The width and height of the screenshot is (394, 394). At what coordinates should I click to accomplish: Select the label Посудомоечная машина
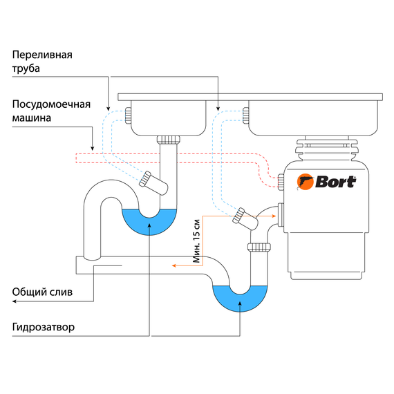click(x=51, y=111)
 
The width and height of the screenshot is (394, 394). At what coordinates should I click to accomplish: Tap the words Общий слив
click(x=41, y=291)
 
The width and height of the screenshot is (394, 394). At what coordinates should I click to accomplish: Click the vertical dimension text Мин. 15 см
click(x=196, y=242)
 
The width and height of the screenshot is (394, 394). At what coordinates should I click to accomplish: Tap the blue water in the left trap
click(x=149, y=223)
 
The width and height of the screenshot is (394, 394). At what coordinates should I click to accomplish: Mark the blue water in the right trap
click(x=238, y=299)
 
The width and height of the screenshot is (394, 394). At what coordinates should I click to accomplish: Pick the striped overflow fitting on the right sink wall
click(x=245, y=115)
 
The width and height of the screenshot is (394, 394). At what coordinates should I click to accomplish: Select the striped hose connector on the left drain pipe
click(x=147, y=180)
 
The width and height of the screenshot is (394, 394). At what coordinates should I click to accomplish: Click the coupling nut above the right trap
click(x=260, y=246)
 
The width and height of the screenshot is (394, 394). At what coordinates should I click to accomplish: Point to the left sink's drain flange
click(x=168, y=139)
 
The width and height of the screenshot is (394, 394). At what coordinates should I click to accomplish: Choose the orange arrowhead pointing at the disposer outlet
click(x=274, y=216)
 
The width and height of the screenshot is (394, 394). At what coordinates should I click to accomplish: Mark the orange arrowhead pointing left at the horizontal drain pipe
click(x=175, y=265)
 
